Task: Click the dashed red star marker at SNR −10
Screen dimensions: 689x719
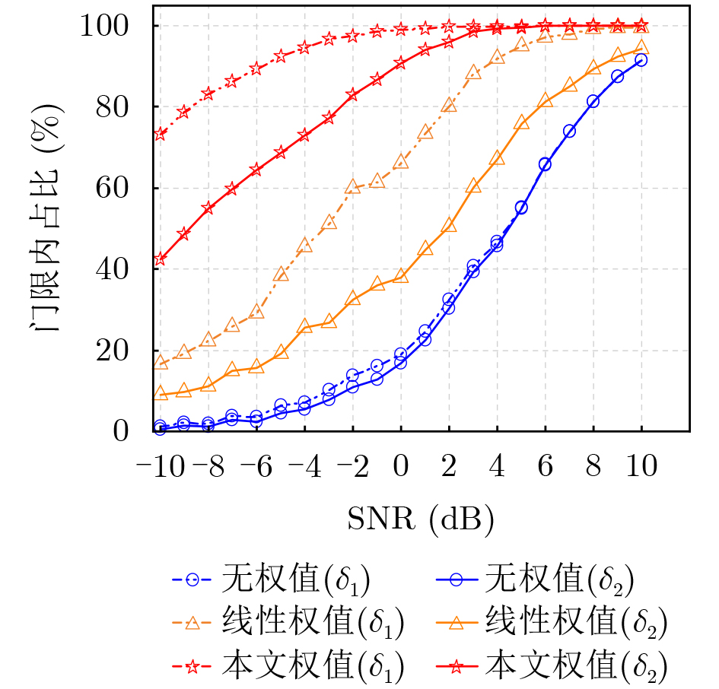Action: [160, 135]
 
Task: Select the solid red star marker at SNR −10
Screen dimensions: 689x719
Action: [160, 260]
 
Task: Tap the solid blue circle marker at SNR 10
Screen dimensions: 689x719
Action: [641, 60]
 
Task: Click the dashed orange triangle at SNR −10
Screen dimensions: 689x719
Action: [160, 363]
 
